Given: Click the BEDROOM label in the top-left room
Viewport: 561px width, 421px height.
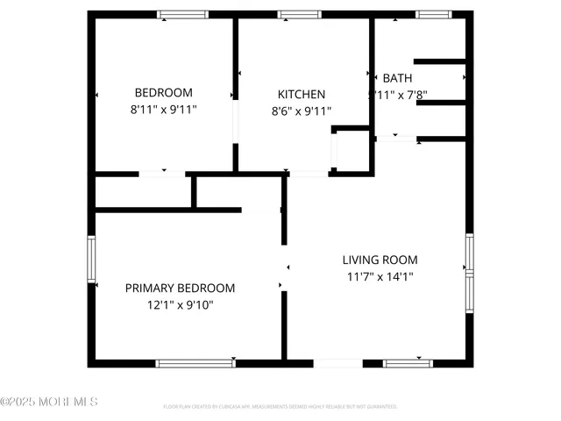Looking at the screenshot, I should (163, 93).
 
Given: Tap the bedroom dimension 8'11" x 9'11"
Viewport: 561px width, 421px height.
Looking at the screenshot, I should (163, 110).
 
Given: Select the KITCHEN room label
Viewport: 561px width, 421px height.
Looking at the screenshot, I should (302, 95).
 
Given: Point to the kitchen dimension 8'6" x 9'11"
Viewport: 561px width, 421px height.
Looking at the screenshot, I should (302, 111).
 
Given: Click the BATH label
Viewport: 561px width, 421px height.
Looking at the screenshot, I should (397, 78).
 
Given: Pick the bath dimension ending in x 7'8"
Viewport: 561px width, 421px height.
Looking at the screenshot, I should (397, 95).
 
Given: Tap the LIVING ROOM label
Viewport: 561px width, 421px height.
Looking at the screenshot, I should (380, 260).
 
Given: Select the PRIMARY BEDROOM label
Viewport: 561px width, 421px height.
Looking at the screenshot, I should (180, 288).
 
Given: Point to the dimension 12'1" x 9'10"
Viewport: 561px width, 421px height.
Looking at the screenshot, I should (180, 304).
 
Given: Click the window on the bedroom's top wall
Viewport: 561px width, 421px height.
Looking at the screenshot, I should (182, 15).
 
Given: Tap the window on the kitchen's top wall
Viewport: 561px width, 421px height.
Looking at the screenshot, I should (300, 15).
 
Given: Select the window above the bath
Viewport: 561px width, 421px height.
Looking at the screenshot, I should (430, 15).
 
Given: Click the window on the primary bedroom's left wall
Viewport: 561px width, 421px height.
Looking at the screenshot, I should (90, 259).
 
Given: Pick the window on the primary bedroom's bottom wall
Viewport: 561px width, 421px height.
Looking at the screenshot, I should (195, 362).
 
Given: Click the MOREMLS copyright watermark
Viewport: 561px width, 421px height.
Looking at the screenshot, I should (49, 402).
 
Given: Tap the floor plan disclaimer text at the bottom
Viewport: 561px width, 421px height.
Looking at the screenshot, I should (280, 407).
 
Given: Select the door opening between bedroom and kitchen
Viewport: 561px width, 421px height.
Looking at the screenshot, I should (235, 123).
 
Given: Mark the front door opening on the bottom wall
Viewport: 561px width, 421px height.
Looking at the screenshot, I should (337, 362).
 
